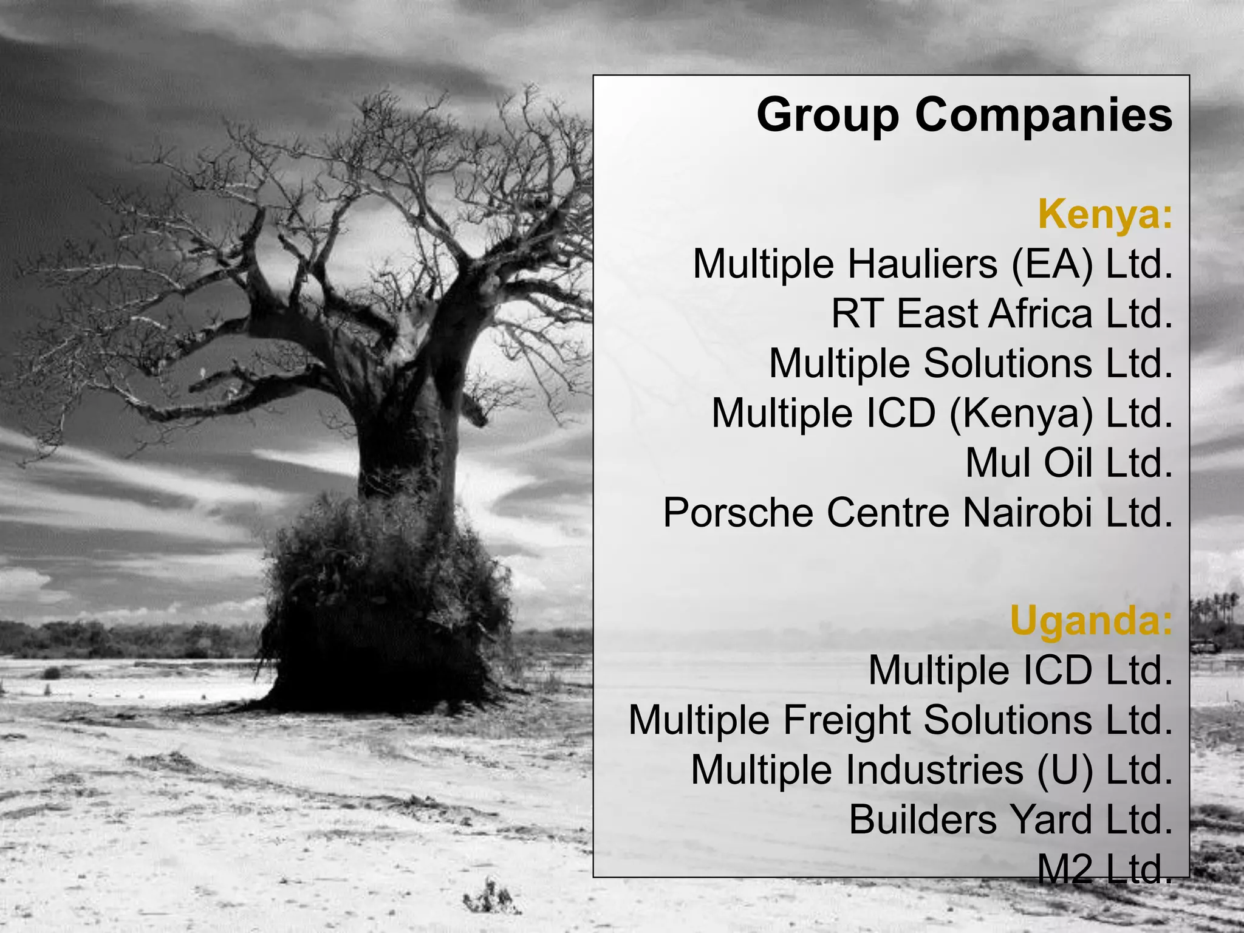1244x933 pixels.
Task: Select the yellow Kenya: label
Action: point(1105,214)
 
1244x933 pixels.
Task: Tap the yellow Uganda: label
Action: point(1091,620)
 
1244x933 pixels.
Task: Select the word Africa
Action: point(1040,313)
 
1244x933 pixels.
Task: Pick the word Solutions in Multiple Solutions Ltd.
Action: point(1008,363)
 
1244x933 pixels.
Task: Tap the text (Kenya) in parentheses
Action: point(1020,413)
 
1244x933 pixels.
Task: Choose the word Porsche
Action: point(738,513)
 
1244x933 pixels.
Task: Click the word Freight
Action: point(847,720)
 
